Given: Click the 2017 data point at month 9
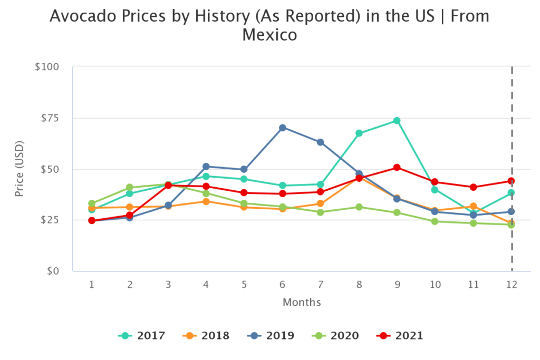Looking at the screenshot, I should [397, 121].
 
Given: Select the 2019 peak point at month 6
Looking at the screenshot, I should [283, 128].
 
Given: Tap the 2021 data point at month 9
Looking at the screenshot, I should [397, 168].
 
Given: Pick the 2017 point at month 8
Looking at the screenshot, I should [359, 133].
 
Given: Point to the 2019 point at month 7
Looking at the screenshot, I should [321, 142].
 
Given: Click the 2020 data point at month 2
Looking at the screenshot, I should [130, 188].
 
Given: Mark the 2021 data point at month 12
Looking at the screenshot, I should [512, 181].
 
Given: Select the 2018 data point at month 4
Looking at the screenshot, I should [206, 201].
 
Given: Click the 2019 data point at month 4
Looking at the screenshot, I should [206, 167].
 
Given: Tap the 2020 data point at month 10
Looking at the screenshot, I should [435, 221].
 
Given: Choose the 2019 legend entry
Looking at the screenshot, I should [270, 335].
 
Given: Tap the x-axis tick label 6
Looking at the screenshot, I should [283, 285].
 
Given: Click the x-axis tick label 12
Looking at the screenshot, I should [512, 285].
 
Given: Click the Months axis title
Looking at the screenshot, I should [302, 303].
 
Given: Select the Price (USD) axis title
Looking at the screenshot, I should [20, 169].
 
